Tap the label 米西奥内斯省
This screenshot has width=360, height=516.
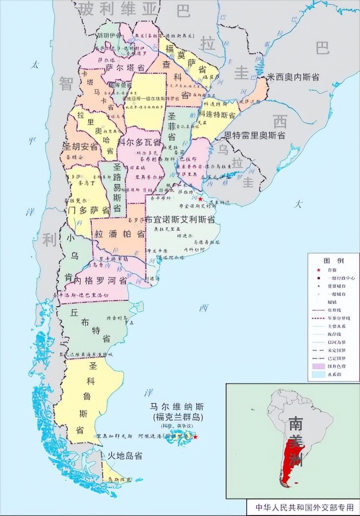point(292,77)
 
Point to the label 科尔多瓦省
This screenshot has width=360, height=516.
point(139,142)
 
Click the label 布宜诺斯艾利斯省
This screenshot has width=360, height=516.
point(180,219)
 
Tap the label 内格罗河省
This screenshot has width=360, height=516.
point(97,281)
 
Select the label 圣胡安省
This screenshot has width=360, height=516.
point(80,146)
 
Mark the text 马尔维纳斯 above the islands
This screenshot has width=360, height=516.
point(177,407)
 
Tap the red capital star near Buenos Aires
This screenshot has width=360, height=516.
point(200,199)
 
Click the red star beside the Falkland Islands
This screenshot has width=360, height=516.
point(195,437)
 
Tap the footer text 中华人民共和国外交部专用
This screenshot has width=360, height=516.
point(304,508)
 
